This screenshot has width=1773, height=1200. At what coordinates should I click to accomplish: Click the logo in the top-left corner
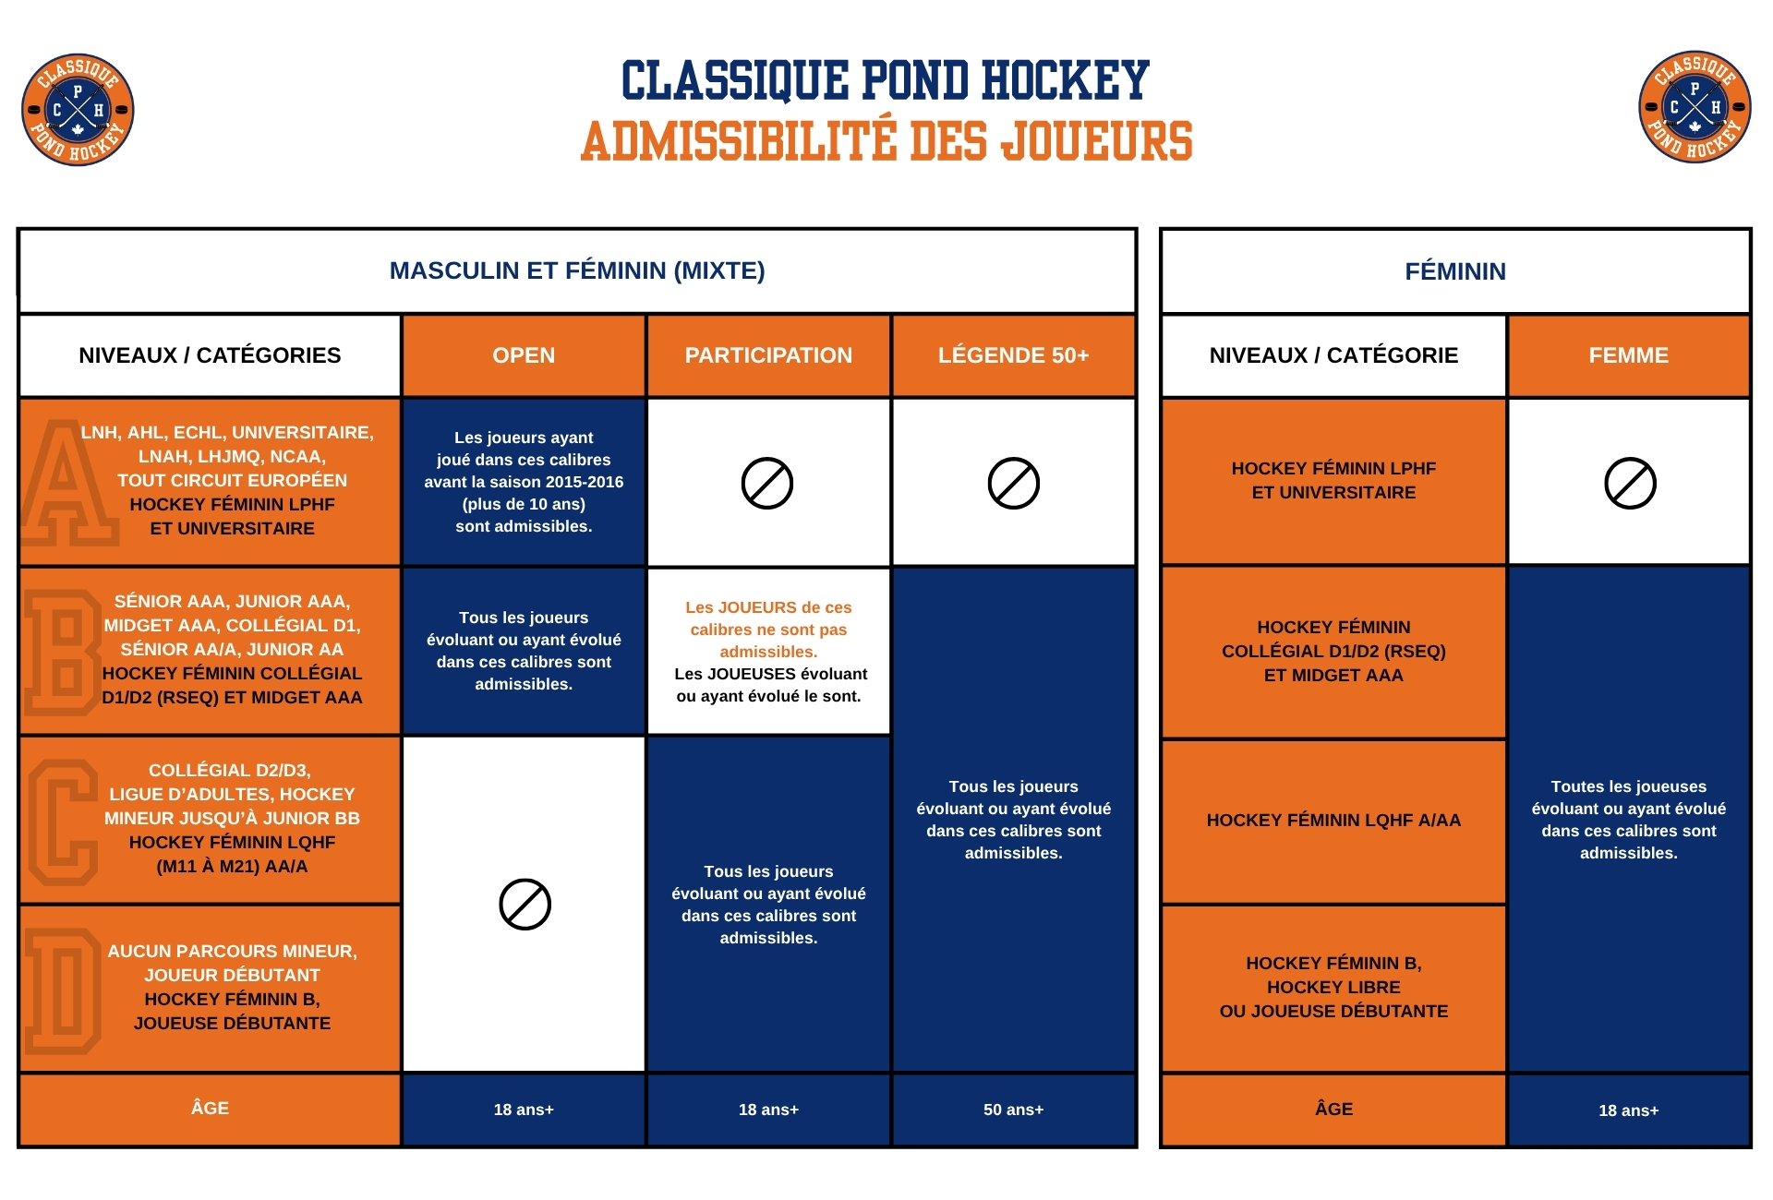(78, 109)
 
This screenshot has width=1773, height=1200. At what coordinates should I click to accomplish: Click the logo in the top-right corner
(1695, 107)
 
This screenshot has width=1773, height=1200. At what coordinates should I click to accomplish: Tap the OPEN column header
(524, 355)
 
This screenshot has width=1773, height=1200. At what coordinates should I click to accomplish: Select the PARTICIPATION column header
(768, 355)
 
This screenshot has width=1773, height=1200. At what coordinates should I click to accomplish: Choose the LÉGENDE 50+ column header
(1013, 355)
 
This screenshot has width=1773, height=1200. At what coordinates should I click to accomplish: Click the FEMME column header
(1628, 355)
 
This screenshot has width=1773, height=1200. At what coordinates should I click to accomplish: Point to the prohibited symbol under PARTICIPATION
(767, 483)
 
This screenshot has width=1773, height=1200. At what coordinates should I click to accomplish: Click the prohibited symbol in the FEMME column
(1630, 483)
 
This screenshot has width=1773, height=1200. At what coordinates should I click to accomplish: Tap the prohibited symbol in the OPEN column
(525, 904)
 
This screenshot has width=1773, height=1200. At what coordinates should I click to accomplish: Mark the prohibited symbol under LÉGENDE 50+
(1013, 483)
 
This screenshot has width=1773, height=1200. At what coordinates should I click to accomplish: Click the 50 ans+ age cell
(1013, 1110)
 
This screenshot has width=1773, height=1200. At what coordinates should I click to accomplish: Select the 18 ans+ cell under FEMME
(1628, 1110)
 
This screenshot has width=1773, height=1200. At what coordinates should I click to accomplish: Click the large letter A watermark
(65, 485)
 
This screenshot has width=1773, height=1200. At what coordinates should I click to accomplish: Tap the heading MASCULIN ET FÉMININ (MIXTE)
(577, 270)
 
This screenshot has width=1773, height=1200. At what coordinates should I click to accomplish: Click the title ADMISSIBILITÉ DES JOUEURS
(886, 141)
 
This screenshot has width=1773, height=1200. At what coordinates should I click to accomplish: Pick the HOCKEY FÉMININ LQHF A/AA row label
(1333, 820)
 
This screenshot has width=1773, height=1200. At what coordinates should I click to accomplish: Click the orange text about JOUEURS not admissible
(768, 630)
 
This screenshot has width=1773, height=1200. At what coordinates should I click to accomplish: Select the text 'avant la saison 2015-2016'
(524, 482)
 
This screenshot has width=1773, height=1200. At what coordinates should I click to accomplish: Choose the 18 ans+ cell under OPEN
(524, 1110)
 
